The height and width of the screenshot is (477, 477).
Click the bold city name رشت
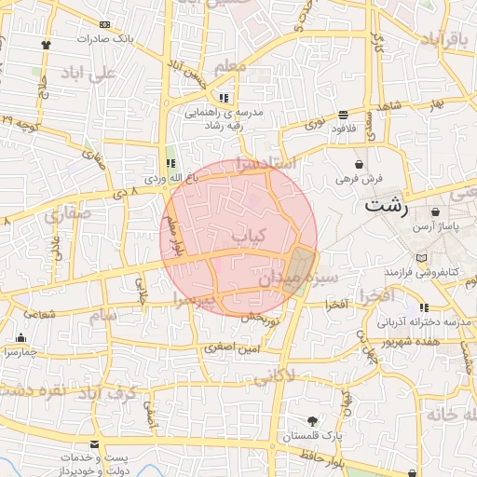click(x=386, y=205)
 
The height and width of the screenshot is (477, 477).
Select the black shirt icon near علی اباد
click(x=46, y=43)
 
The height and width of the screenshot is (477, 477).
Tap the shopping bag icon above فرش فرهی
click(x=359, y=164)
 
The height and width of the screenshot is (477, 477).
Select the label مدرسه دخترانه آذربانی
click(x=422, y=321)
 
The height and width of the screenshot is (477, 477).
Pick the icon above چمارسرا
click(x=20, y=337)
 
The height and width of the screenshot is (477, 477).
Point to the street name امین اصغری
click(x=228, y=348)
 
